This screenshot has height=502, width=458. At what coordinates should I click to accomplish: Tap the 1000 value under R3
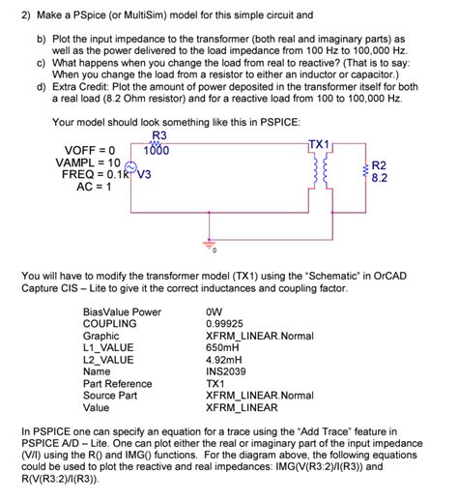pyautogui.click(x=157, y=151)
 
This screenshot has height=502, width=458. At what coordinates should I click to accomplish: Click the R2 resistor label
pyautogui.click(x=379, y=165)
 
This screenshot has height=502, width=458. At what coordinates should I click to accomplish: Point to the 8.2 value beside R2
pyautogui.click(x=379, y=178)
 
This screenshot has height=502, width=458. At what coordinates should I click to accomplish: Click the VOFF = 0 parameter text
pyautogui.click(x=91, y=150)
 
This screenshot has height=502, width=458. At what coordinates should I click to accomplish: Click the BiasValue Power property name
pyautogui.click(x=122, y=311)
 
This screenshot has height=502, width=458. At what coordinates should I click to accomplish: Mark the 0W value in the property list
pyautogui.click(x=215, y=311)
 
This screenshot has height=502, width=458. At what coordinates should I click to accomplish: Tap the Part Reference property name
pyautogui.click(x=118, y=384)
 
